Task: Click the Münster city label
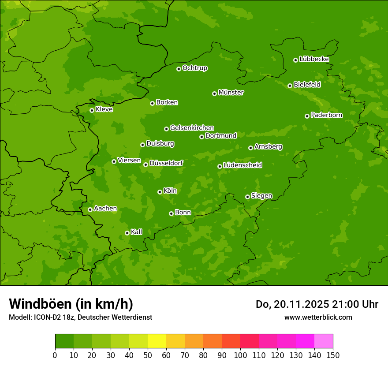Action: tap(231, 93)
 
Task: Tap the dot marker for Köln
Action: tap(160, 192)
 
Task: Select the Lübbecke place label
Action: tap(314, 59)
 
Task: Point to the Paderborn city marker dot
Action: tap(307, 116)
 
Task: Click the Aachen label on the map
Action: tap(105, 209)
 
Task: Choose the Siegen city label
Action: tap(261, 196)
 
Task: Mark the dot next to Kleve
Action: tap(92, 110)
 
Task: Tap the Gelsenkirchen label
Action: tap(192, 128)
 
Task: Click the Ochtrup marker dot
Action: tap(179, 69)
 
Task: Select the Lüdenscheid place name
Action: tap(242, 165)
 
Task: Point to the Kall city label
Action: tap(137, 232)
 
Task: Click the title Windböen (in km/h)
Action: tap(71, 304)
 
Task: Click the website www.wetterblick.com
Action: tap(318, 317)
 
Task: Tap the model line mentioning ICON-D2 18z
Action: tap(80, 317)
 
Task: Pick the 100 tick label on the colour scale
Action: tap(240, 355)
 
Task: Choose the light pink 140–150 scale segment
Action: tap(324, 341)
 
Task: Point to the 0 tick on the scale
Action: tap(55, 355)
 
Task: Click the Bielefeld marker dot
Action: tap(290, 86)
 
